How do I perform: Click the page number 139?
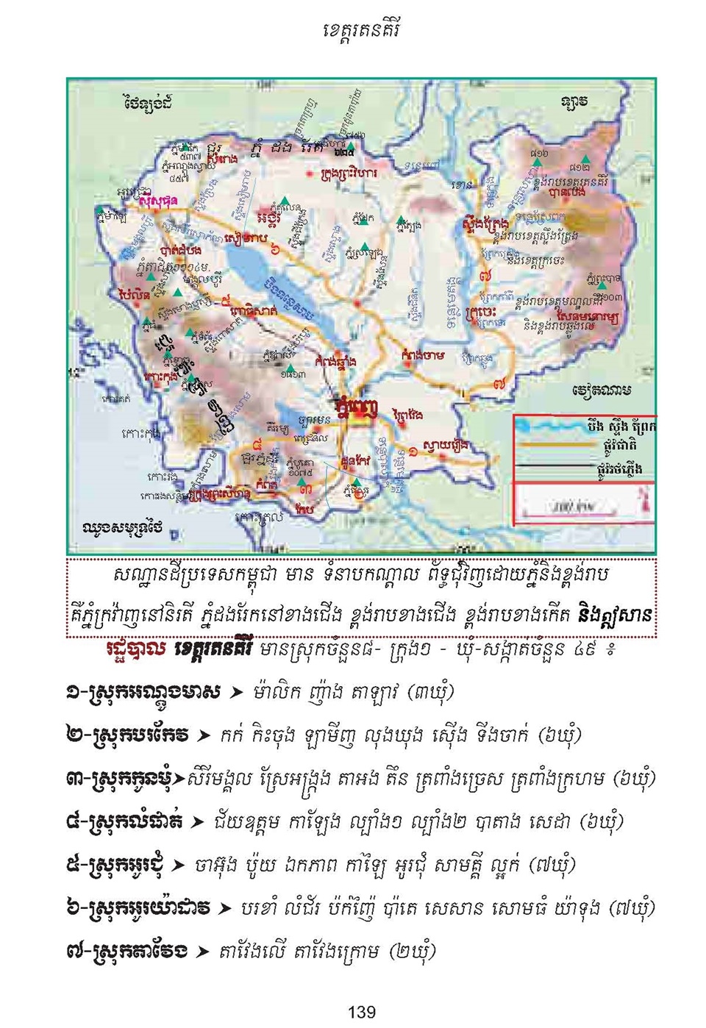(361, 1013)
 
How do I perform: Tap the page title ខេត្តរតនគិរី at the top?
(361, 31)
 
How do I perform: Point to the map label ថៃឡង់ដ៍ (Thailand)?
(148, 103)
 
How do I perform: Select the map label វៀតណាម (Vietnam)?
(601, 390)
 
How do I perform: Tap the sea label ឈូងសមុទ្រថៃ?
(122, 528)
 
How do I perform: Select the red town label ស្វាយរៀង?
(446, 446)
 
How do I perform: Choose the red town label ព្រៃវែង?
(407, 415)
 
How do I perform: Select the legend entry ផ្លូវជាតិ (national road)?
(618, 445)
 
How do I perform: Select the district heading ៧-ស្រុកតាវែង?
(126, 951)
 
